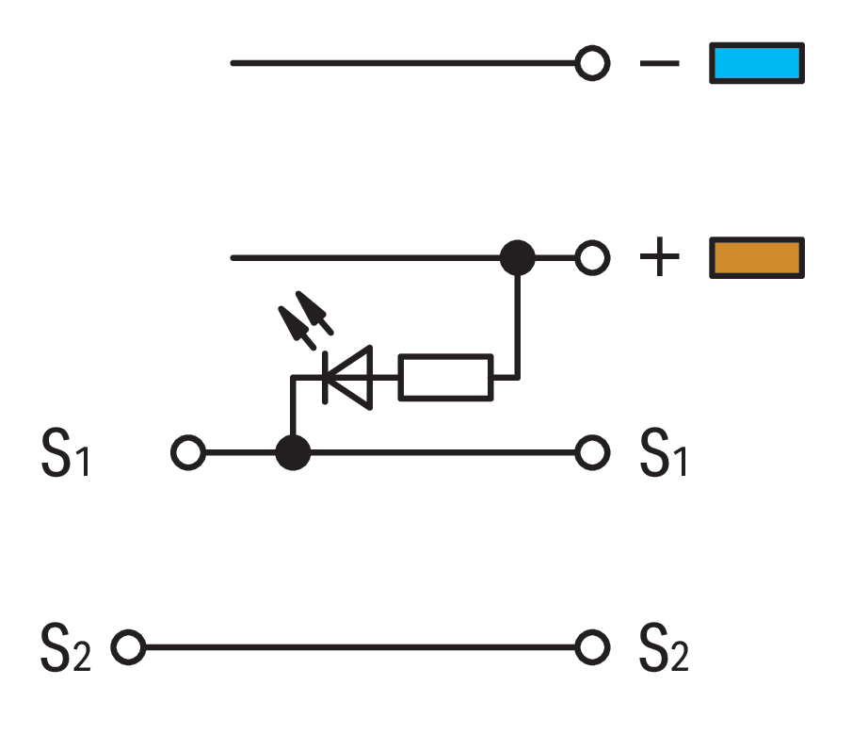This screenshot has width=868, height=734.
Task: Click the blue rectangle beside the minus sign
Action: pyautogui.click(x=757, y=63)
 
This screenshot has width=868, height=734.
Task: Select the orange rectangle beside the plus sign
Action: pyautogui.click(x=757, y=258)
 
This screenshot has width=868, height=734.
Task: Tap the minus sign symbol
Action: pyautogui.click(x=659, y=64)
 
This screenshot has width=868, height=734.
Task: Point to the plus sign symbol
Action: pyautogui.click(x=659, y=258)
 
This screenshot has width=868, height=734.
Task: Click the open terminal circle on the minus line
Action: pyautogui.click(x=592, y=64)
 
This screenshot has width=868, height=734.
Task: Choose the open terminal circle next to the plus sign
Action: pyautogui.click(x=592, y=258)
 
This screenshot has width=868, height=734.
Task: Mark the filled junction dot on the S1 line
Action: pyautogui.click(x=293, y=453)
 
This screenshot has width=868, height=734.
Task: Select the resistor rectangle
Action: pyautogui.click(x=445, y=377)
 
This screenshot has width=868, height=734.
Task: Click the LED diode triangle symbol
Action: pyautogui.click(x=348, y=377)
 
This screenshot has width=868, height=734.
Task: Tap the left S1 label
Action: pyautogui.click(x=65, y=454)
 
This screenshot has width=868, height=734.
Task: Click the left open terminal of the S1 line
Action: pyautogui.click(x=187, y=453)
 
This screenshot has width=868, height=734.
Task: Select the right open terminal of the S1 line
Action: pyautogui.click(x=592, y=453)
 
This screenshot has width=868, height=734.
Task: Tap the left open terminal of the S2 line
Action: pyautogui.click(x=128, y=648)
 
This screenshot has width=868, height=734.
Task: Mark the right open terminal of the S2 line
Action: pyautogui.click(x=592, y=648)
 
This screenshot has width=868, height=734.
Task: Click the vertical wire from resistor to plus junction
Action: pyautogui.click(x=517, y=325)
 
